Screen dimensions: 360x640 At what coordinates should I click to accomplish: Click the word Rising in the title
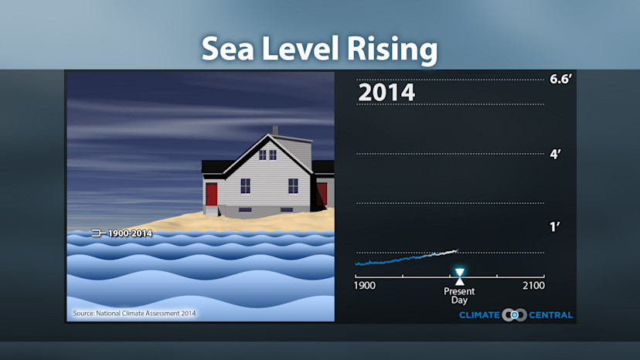click(382, 49)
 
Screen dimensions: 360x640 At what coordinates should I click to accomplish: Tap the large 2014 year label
click(386, 93)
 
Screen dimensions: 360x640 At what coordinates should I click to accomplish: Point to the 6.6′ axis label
click(560, 80)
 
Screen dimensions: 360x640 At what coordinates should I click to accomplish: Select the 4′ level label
click(555, 154)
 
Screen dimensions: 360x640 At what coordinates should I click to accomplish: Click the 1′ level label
click(554, 227)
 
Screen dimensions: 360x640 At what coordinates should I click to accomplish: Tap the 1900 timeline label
click(365, 286)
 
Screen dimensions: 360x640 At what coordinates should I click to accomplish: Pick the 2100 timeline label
click(533, 286)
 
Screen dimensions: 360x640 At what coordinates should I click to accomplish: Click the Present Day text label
click(459, 295)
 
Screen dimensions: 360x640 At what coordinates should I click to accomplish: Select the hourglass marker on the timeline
click(460, 275)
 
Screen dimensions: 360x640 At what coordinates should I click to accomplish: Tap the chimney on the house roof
click(274, 130)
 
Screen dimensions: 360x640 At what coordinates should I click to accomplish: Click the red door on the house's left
click(212, 195)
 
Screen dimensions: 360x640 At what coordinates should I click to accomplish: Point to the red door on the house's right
click(322, 194)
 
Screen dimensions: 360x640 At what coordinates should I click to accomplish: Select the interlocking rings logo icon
click(514, 315)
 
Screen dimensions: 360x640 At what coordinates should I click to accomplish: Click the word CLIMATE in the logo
click(479, 315)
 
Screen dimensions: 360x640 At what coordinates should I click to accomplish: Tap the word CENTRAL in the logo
click(550, 315)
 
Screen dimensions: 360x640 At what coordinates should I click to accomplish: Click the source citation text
click(134, 313)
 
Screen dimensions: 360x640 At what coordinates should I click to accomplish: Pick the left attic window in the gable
click(262, 155)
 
